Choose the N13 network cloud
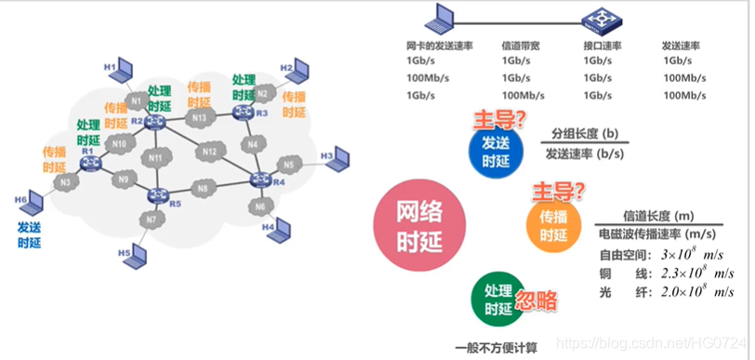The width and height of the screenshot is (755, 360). pyautogui.click(x=198, y=118)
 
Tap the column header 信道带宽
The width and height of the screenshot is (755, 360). pyautogui.click(x=519, y=46)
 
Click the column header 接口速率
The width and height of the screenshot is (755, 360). pyautogui.click(x=602, y=46)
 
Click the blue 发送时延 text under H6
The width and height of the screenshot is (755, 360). pyautogui.click(x=30, y=234)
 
